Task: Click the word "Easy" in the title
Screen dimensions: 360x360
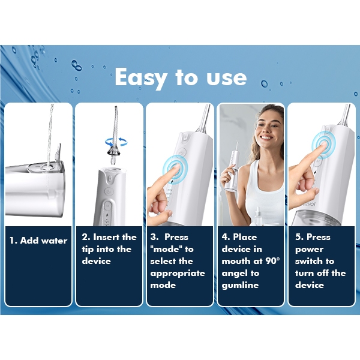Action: [140, 77]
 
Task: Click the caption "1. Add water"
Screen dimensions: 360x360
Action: [38, 241]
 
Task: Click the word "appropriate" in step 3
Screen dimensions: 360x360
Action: [178, 274]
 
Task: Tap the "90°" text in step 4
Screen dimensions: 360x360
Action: [273, 261]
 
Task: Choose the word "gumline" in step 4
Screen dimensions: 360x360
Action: [240, 286]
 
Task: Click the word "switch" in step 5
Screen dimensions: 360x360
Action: [309, 261]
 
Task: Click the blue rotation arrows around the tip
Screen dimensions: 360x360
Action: [116, 142]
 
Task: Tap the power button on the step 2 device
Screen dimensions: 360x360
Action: [109, 191]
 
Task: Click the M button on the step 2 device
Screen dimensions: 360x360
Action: [107, 206]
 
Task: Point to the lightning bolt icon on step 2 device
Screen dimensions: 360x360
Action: [107, 215]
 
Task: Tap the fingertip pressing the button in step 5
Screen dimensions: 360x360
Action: [323, 145]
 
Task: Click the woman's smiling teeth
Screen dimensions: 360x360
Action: [266, 138]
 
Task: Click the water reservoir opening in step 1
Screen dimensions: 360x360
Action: [44, 167]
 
